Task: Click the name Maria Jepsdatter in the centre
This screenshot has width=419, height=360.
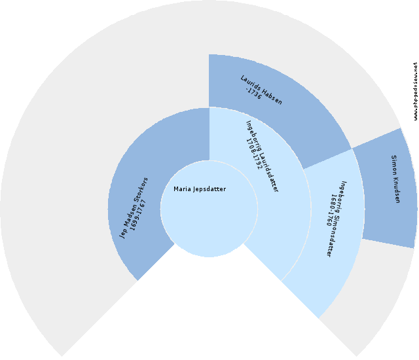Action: click(x=200, y=189)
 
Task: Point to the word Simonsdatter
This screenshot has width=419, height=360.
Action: click(x=338, y=229)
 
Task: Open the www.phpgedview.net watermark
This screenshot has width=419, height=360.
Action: click(x=415, y=91)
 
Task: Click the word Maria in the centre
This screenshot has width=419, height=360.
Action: click(x=182, y=189)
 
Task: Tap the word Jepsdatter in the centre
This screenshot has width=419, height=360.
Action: click(x=209, y=189)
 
